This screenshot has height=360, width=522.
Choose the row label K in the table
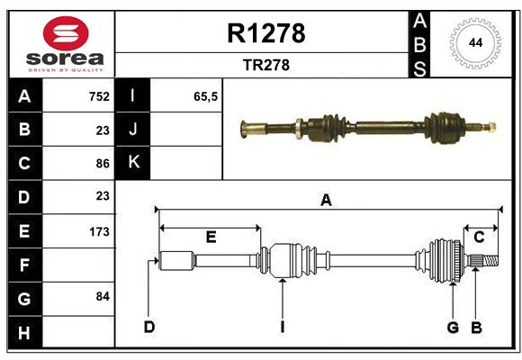[133, 163]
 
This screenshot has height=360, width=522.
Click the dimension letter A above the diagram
[326, 201]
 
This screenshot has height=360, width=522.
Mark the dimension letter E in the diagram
[211, 237]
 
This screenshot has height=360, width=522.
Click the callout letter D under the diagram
[149, 327]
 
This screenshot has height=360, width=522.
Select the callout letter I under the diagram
[282, 327]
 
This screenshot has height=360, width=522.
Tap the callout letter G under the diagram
[453, 327]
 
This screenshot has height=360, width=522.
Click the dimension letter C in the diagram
[479, 237]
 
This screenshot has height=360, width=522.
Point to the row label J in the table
[133, 130]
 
